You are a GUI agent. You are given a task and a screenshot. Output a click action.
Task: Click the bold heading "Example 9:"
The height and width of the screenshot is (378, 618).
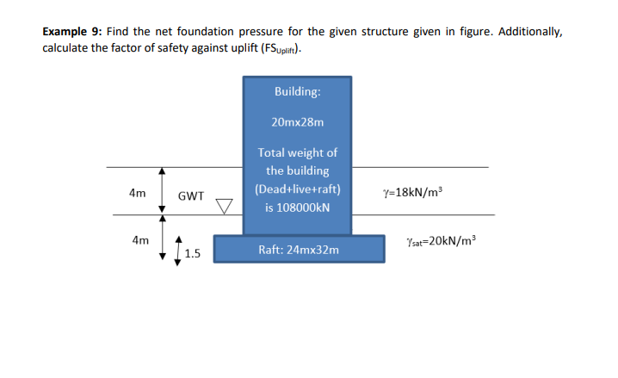71,32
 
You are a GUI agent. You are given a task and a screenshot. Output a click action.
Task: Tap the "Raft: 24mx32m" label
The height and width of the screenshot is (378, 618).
298,250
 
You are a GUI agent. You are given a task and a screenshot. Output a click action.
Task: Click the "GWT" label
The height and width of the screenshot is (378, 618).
190,196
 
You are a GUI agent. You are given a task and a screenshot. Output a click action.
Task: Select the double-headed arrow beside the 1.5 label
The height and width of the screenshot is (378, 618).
179,251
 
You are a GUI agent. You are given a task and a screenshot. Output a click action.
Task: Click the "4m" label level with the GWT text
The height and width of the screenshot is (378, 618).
138,194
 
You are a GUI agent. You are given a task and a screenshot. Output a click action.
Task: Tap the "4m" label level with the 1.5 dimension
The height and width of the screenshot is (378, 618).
138,240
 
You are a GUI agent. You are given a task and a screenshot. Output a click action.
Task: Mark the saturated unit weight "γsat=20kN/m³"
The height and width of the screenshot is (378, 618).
439,239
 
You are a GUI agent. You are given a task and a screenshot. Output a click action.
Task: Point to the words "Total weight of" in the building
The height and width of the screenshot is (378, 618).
298,153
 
